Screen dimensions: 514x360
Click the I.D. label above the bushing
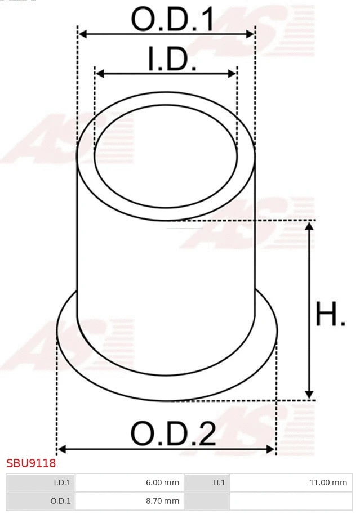(x=172, y=59)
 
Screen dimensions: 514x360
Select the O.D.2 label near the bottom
(x=173, y=433)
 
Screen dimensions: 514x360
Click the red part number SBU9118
(x=31, y=464)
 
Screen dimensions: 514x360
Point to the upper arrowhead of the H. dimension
(x=309, y=226)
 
